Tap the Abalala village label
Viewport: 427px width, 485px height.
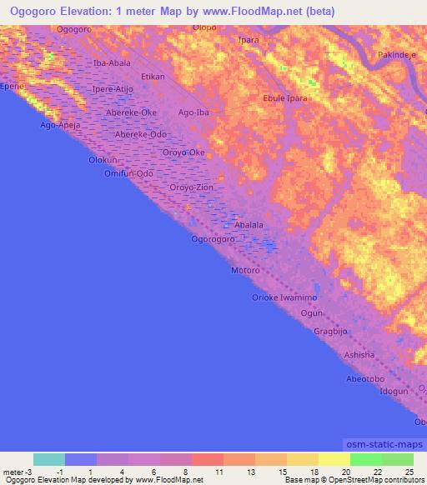(x=249, y=225)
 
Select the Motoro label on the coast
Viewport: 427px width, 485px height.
(x=246, y=272)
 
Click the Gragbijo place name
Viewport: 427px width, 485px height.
(x=330, y=331)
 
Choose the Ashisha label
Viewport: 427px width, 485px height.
(x=359, y=355)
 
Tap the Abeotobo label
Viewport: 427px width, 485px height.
(x=364, y=378)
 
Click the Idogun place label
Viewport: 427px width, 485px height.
(x=394, y=391)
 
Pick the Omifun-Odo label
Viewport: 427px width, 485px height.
(x=129, y=172)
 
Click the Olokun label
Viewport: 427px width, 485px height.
(x=104, y=158)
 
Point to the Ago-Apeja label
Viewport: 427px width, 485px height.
(x=61, y=126)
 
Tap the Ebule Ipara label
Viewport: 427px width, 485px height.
(x=286, y=98)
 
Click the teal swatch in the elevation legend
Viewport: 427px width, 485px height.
(x=49, y=459)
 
